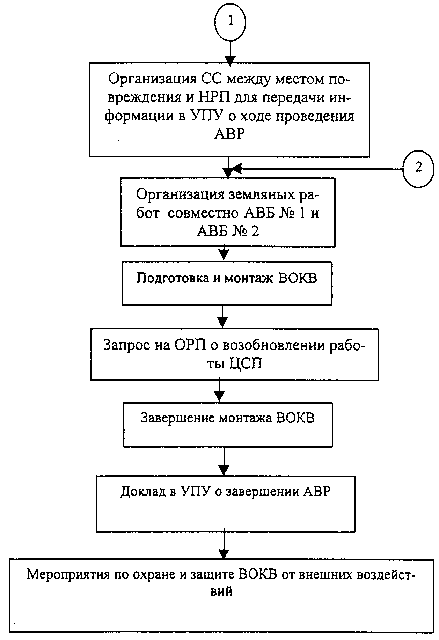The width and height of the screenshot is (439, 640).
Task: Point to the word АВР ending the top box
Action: [229, 134]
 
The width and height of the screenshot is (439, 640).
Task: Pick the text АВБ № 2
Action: [228, 231]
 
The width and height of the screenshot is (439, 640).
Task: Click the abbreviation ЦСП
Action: [247, 364]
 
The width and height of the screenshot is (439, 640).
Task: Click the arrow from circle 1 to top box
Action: [230, 52]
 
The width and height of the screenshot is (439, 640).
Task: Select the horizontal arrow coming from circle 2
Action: [316, 169]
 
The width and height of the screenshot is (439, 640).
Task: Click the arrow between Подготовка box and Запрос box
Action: [222, 317]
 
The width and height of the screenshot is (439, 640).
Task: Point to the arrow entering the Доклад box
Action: [224, 461]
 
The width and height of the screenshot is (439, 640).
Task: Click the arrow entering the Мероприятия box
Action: [224, 546]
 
